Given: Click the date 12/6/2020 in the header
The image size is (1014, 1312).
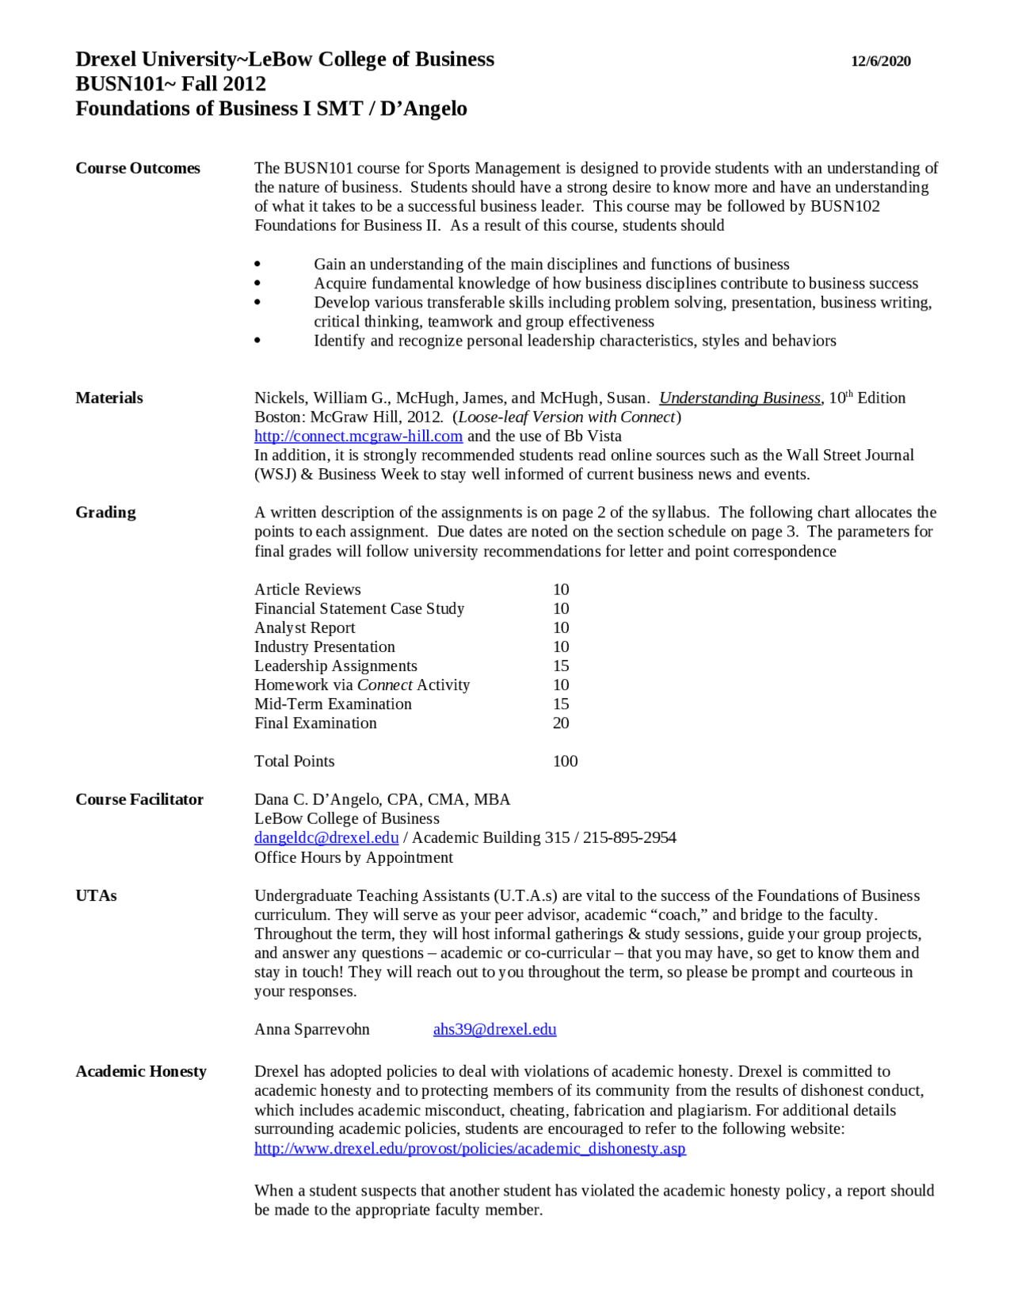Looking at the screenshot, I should (x=880, y=61).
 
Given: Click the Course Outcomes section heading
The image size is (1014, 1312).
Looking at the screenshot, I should (x=138, y=168).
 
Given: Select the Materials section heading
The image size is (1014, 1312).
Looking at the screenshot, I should (x=109, y=398).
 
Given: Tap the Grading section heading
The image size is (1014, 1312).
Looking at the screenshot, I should (x=105, y=512).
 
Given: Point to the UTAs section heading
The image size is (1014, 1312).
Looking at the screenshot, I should (x=96, y=895).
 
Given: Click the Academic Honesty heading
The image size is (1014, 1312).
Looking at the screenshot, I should (x=141, y=1071).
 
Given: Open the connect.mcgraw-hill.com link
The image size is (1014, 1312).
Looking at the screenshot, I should (x=358, y=436).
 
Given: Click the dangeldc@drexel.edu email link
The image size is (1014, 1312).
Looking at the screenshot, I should (x=326, y=837).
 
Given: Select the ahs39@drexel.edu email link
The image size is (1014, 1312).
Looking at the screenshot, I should (x=494, y=1029).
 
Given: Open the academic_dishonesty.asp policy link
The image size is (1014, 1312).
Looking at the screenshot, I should (x=470, y=1148).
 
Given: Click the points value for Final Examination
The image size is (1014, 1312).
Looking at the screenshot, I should (x=561, y=723).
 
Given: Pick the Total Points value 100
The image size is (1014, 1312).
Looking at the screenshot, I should (x=565, y=761).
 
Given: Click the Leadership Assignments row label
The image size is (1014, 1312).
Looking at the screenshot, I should (x=335, y=666).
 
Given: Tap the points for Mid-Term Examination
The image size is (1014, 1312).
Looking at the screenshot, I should (x=561, y=704).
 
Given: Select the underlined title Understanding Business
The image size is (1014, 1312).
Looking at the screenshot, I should (x=739, y=398).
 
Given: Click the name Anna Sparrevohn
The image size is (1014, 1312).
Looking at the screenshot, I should (x=311, y=1029).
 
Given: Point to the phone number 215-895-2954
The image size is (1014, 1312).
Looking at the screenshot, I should (x=629, y=837).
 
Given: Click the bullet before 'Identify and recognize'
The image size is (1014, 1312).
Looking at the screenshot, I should (x=257, y=341).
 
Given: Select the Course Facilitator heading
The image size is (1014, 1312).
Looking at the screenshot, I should (x=139, y=799).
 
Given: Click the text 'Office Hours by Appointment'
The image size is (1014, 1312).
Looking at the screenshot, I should (x=353, y=857).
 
